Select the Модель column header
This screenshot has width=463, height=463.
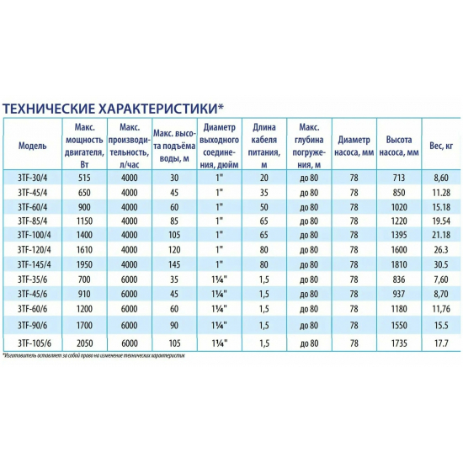[x=32, y=144]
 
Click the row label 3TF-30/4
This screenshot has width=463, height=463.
[x=33, y=178]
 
